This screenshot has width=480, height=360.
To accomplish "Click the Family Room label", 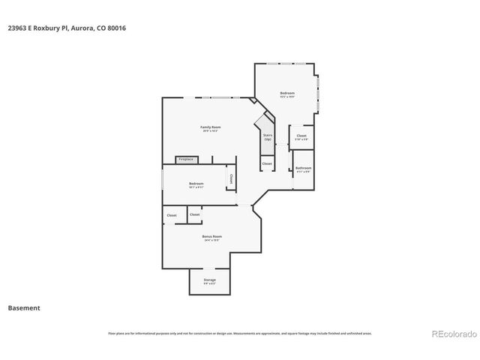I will point(211,127).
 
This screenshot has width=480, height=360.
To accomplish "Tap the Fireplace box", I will point(185,159).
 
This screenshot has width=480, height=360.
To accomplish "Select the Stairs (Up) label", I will point(268,137).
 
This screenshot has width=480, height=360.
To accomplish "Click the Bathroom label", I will point(303,168).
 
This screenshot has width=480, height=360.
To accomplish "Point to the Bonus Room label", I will point(211,236).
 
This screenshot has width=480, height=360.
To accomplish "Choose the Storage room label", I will point(209,280).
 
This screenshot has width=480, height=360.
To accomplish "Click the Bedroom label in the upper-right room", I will point(287,93).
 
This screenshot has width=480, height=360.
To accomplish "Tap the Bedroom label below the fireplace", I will point(196,183).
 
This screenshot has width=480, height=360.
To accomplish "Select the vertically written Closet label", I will point(231,179).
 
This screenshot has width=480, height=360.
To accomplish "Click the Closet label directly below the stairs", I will point(267,163).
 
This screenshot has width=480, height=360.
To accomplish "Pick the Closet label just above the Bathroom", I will point(301,136).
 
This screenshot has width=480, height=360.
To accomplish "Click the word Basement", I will point(23,307).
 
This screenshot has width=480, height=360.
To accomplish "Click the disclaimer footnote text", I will point(240,333).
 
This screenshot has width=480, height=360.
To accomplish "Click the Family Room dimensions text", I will point(211,131).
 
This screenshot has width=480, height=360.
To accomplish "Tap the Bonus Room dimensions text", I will point(211,241).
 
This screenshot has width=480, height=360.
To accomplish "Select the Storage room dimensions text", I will point(209,283).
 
